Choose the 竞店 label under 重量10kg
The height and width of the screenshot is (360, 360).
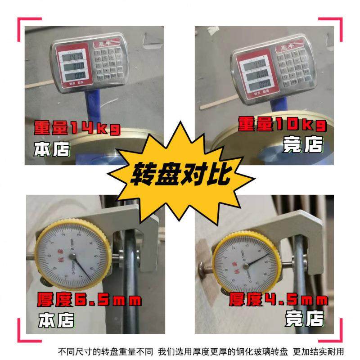tap(303, 145)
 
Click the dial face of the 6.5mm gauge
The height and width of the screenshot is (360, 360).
tap(72, 256)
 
